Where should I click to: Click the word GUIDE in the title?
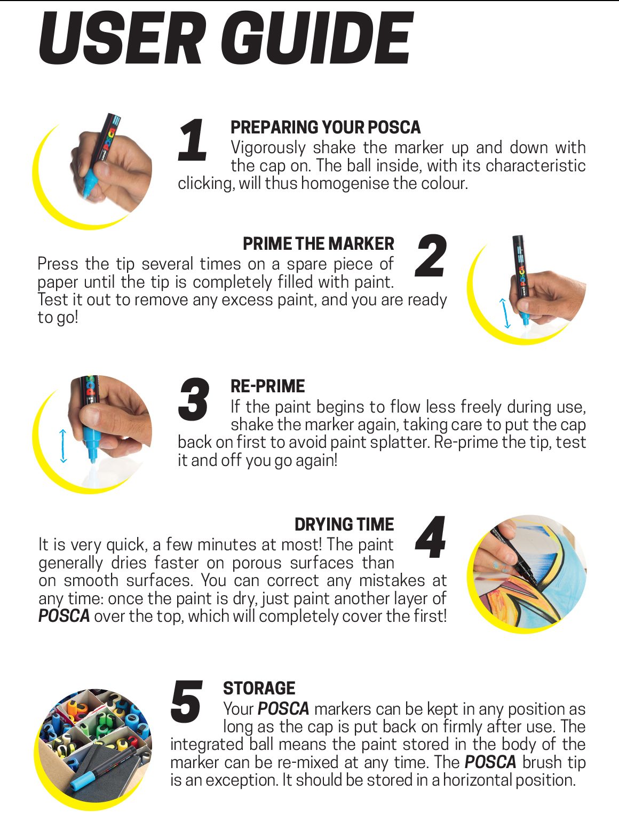click(x=316, y=38)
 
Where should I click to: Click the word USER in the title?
click(x=122, y=38)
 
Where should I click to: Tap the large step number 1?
click(x=192, y=140)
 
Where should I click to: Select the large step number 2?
click(x=431, y=256)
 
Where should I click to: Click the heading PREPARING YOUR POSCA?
click(x=326, y=128)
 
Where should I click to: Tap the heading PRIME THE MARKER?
click(x=318, y=244)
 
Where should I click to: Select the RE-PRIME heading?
click(x=267, y=386)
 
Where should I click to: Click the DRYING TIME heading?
click(x=344, y=524)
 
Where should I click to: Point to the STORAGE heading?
click(x=259, y=689)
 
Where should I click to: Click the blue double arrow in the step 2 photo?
click(x=505, y=313)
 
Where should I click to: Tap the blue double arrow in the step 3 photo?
click(x=63, y=446)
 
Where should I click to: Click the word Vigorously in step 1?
click(x=268, y=148)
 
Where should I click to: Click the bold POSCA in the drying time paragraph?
click(x=64, y=616)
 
